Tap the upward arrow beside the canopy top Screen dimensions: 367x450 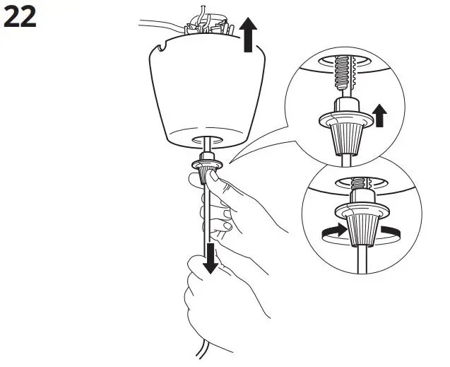click(x=247, y=35)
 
